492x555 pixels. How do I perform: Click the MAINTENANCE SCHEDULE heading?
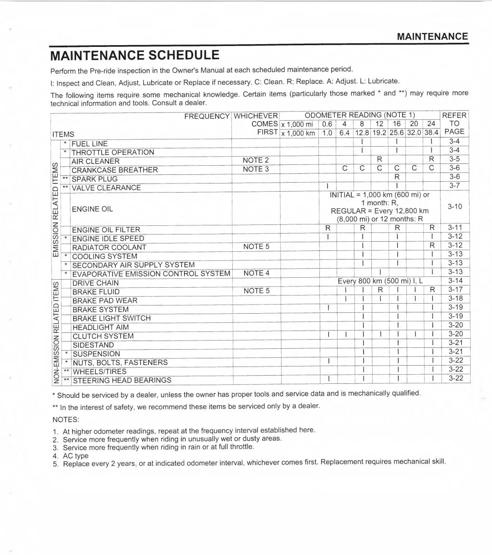coord(135,56)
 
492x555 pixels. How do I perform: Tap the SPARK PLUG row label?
coord(94,179)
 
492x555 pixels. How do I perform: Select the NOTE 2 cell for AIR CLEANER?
coord(256,160)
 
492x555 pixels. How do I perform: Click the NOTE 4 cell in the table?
coord(256,273)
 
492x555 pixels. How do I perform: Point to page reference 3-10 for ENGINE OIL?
coord(455,207)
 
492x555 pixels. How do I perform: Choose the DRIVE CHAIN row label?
coord(95,283)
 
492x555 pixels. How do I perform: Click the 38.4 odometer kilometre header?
coord(431,132)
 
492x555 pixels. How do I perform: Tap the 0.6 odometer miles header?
coord(327,124)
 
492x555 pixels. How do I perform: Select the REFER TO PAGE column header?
coord(455,123)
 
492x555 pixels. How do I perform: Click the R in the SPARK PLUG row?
coord(397,177)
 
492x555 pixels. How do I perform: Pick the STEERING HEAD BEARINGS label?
coord(122,380)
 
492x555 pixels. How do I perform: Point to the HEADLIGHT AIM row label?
coord(100,327)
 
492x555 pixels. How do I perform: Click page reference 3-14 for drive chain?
coord(455,281)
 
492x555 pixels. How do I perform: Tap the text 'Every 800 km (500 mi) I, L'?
coord(380,281)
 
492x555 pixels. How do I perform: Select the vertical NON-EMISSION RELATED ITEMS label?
coord(56,331)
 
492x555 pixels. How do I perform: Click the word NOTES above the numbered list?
coord(66,419)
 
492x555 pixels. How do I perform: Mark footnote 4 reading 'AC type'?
coord(75,455)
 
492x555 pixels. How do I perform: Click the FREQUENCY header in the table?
coord(207,116)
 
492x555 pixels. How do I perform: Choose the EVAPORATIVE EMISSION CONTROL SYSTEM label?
coord(151,274)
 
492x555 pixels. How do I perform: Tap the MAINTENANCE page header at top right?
coord(432,36)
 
